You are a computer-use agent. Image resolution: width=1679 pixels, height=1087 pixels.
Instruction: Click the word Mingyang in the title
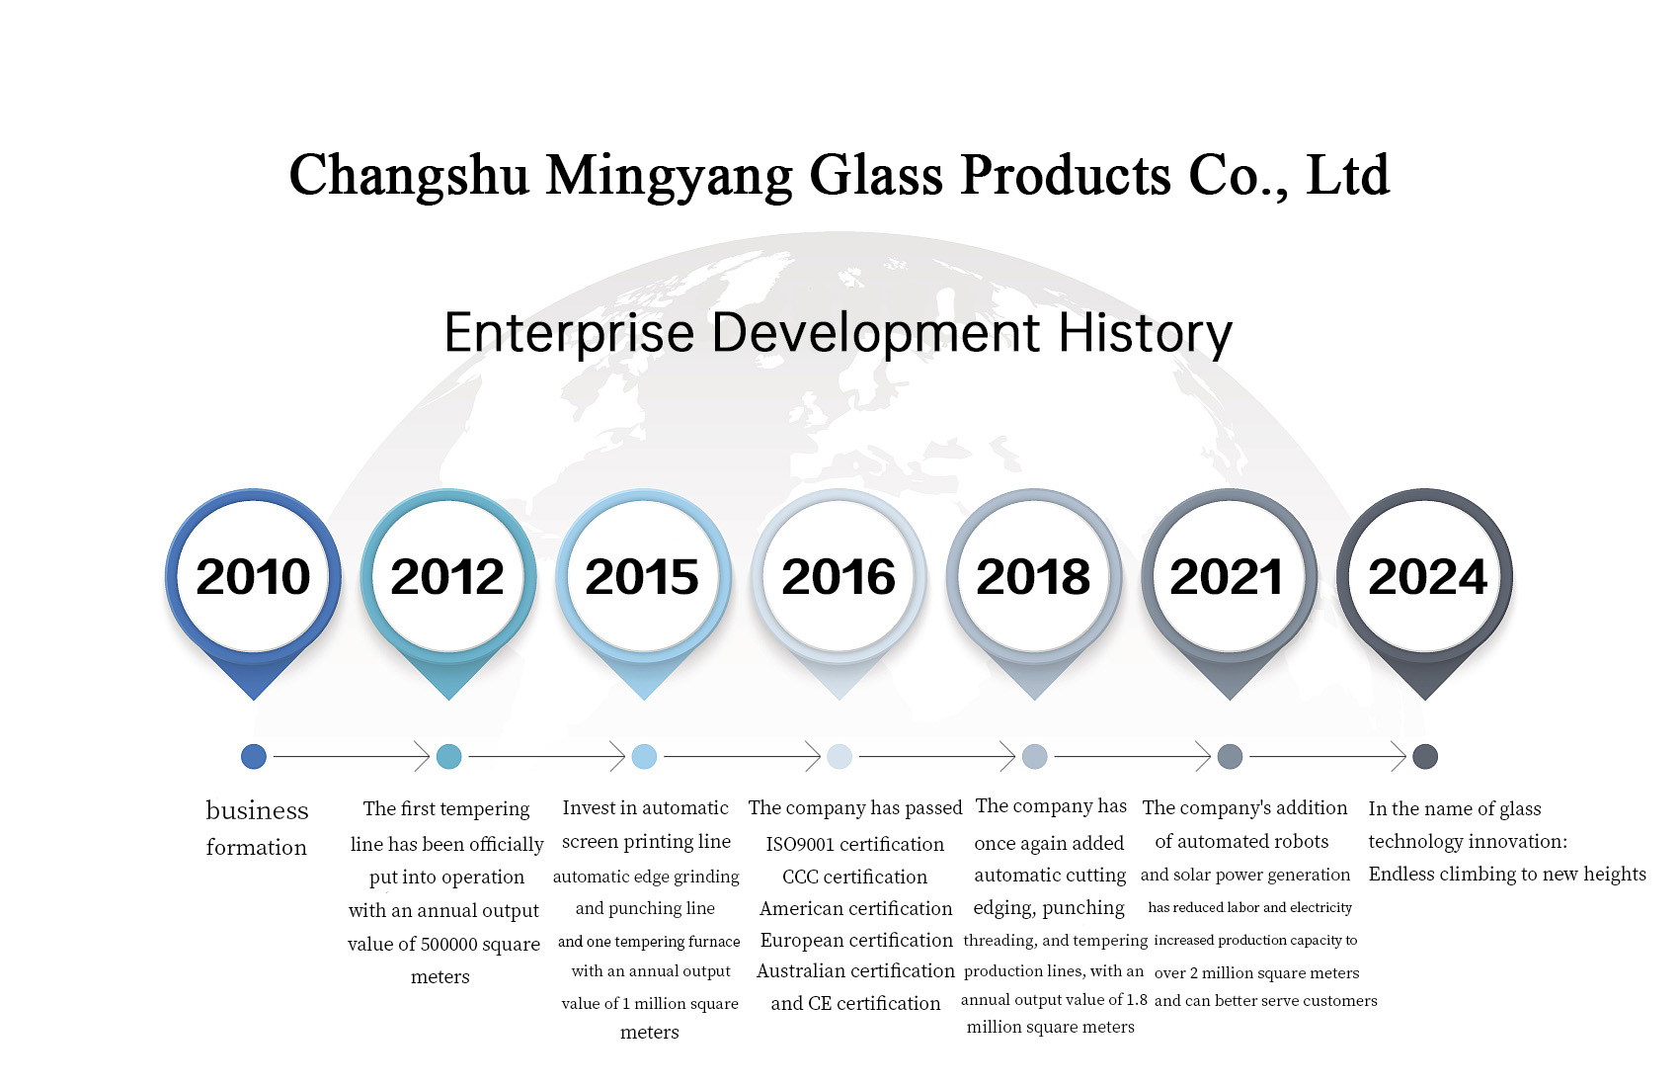[669, 177]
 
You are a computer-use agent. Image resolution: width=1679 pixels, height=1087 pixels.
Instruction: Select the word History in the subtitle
[1145, 333]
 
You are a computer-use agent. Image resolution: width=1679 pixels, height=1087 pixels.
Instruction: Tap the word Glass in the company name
[876, 175]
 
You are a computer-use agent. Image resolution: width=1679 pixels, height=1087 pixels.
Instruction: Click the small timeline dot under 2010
[254, 756]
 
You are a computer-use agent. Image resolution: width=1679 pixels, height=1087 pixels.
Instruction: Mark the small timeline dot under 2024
[1425, 756]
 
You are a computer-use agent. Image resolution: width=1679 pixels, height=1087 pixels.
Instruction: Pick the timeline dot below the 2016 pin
[839, 756]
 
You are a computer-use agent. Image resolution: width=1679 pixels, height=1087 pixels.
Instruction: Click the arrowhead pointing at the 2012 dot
[423, 756]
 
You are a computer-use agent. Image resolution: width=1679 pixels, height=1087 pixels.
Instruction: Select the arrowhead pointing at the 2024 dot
[1399, 756]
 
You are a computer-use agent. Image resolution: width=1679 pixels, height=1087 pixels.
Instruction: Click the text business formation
[257, 828]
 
